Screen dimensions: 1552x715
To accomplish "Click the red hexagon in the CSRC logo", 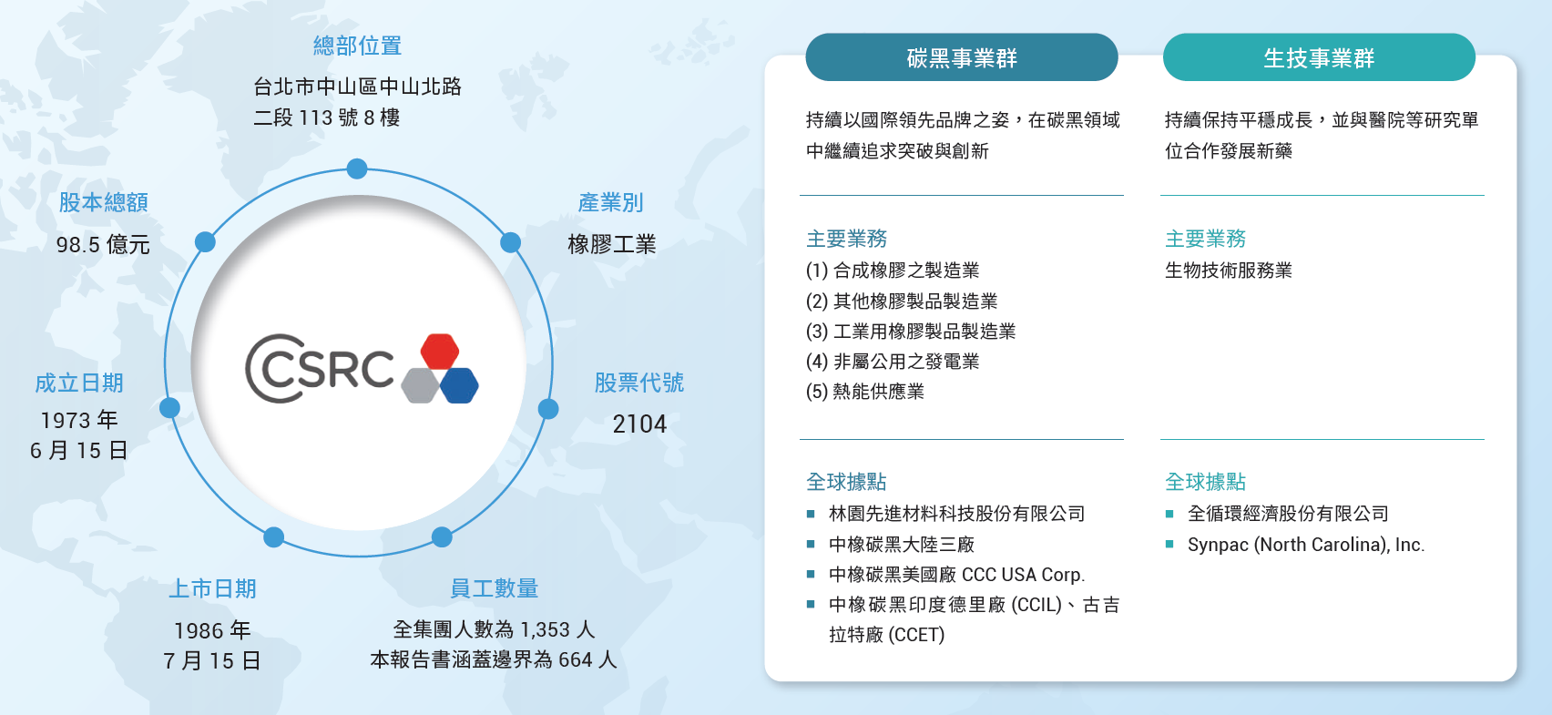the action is pos(439,352).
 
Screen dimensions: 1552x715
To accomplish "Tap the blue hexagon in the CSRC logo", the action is pos(459,386).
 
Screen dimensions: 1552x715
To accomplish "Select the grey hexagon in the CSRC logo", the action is pos(420,386).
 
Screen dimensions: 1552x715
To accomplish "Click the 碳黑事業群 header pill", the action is pos(962,57).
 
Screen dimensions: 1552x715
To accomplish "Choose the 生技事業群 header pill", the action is pos(1319,57).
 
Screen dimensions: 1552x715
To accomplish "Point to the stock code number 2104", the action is pos(639,424).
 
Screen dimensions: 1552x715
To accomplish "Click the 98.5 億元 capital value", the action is pos(103,245).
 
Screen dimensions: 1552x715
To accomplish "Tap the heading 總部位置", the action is pos(358,46).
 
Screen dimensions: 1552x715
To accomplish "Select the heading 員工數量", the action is pos(494,588).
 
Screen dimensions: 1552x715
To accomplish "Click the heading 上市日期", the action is pos(213,588).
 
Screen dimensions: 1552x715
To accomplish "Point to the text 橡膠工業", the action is pos(612,244).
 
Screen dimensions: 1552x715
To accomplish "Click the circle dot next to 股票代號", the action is pos(548,409).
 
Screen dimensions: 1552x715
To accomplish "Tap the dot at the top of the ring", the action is pos(357,169).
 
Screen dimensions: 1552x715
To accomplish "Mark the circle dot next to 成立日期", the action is pos(169,407).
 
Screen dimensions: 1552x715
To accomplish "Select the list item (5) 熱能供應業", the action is pos(864,392).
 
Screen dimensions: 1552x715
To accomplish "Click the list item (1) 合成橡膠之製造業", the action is pos(893,271).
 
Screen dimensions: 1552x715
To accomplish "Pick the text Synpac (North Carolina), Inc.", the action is pos(1306,545).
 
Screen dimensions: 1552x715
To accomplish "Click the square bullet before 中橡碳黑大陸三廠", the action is pos(811,544).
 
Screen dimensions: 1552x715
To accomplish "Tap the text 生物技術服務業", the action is pos(1229,271).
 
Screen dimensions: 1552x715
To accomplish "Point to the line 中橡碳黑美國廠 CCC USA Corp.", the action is pos(957,575).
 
